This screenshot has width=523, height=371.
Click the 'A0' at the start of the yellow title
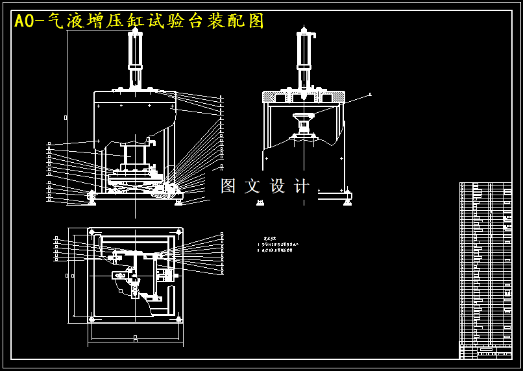pyautogui.click(x=24, y=21)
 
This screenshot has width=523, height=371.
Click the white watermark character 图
pyautogui.click(x=228, y=186)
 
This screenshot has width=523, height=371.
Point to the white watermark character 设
pyautogui.click(x=278, y=186)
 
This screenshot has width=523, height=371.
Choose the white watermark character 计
pyautogui.click(x=302, y=186)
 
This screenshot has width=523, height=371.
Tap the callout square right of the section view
pyautogui.click(x=370, y=95)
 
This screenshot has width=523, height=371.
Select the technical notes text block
pyautogui.click(x=277, y=245)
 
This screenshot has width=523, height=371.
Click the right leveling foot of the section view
pyautogui.click(x=347, y=202)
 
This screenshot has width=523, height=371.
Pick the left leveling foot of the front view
pyautogui.click(x=91, y=202)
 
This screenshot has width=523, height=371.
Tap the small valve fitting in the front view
pyautogui.click(x=152, y=141)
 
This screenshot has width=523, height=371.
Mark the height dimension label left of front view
pyautogui.click(x=66, y=117)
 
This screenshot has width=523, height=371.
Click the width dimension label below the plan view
pyautogui.click(x=135, y=338)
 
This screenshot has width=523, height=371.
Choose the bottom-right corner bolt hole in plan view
pyautogui.click(x=178, y=318)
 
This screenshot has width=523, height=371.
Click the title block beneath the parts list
pyautogui.click(x=485, y=352)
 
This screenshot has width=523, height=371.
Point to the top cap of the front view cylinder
pyautogui.click(x=136, y=31)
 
